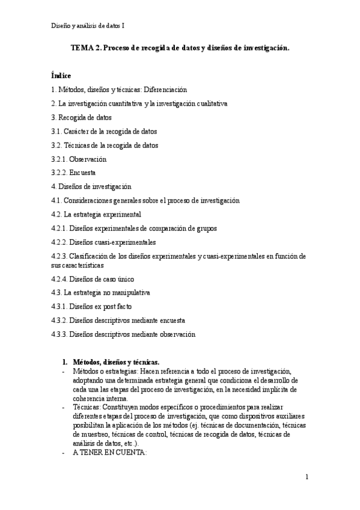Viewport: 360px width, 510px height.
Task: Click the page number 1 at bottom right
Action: click(307, 478)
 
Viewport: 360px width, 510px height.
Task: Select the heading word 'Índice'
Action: click(61, 76)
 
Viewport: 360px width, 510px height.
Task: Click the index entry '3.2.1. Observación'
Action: click(79, 159)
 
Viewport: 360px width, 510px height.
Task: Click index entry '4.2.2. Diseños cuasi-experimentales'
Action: click(104, 242)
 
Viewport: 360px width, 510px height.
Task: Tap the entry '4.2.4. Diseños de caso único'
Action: click(93, 279)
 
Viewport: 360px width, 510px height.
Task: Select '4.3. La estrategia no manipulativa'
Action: click(100, 293)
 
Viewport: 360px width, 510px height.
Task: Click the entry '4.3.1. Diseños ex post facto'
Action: click(91, 307)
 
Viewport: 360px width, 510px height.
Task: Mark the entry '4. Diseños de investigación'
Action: click(91, 187)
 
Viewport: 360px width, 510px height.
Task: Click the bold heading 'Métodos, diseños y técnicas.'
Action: click(116, 363)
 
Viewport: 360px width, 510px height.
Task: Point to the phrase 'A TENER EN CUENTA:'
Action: click(109, 452)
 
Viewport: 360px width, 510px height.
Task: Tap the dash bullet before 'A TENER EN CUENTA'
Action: click(64, 452)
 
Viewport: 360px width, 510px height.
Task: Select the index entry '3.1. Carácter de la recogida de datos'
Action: click(105, 131)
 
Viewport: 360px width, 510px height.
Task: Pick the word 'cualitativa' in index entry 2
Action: click(210, 103)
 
